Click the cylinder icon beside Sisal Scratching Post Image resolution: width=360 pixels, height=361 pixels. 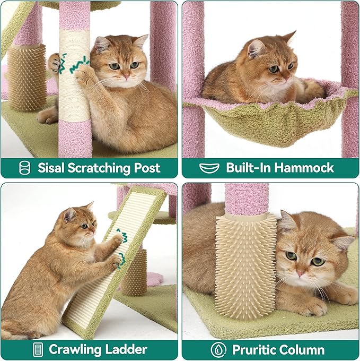[x=24, y=168]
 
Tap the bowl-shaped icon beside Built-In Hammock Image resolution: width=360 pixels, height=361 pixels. [x=209, y=168]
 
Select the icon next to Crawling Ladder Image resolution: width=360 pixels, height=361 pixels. [x=38, y=349]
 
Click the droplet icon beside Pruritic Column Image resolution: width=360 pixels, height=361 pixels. [x=218, y=349]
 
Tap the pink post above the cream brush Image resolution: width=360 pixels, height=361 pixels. [x=247, y=199]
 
